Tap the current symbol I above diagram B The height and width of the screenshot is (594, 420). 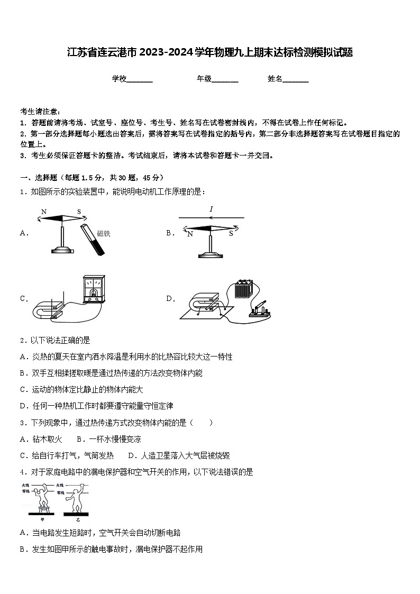coord(211,209)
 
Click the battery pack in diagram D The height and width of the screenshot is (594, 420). coord(244,289)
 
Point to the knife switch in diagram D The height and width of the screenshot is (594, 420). coord(260,310)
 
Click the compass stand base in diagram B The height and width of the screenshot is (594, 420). coord(211,255)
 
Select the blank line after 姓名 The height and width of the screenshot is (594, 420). coord(296,79)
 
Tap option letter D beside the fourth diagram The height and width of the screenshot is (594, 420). coord(170,299)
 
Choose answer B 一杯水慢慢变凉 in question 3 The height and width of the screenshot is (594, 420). coord(108,439)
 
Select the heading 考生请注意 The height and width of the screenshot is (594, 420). coord(40,112)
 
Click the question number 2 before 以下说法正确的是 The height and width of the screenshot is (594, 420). coord(23,341)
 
